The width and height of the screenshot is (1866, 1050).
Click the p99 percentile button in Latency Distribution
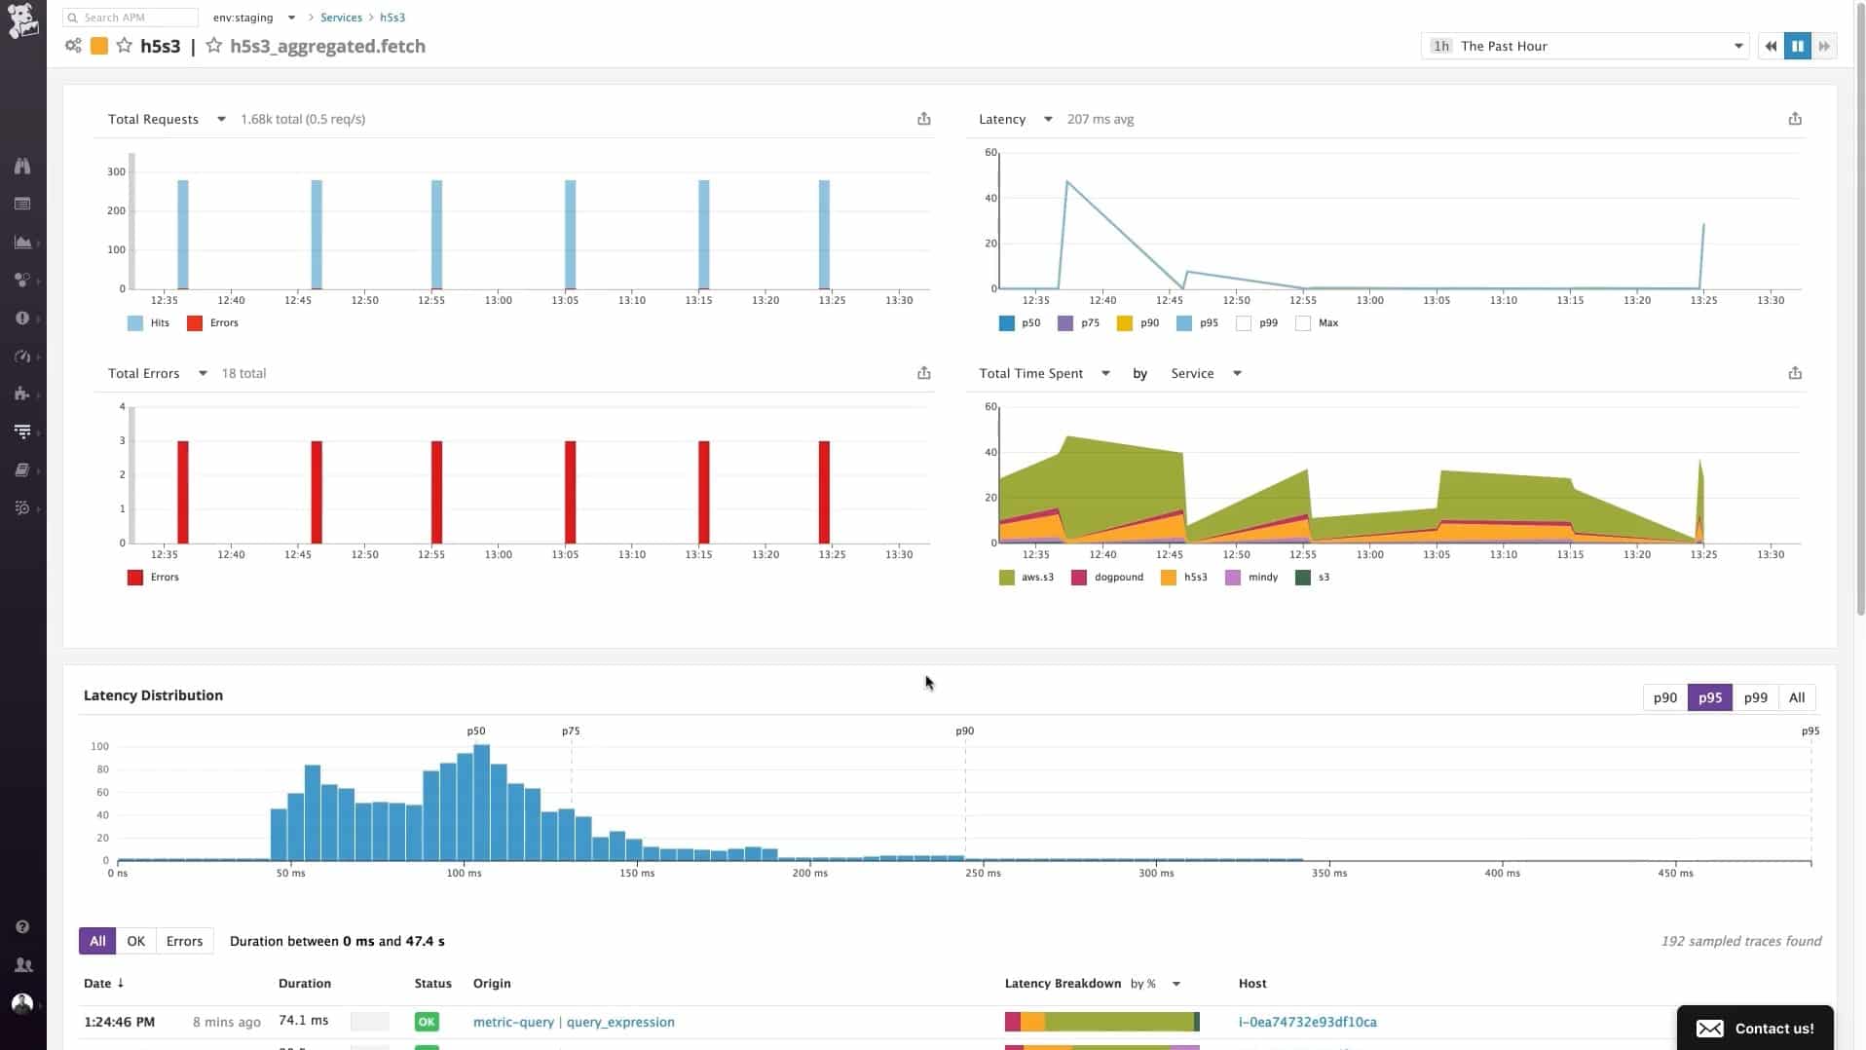point(1755,697)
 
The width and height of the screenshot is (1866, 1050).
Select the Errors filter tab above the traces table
point(184,941)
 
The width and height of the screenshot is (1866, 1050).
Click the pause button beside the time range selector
point(1797,46)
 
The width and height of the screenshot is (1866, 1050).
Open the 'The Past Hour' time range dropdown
point(1586,46)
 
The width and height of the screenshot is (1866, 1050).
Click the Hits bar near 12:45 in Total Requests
point(317,234)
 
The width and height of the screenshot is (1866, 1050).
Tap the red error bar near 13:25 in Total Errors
point(824,492)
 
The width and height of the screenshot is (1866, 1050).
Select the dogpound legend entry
point(1107,578)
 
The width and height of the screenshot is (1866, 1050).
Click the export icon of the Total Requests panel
point(923,119)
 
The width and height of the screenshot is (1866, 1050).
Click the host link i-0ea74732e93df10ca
point(1307,1022)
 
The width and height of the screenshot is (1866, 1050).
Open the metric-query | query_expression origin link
point(573,1022)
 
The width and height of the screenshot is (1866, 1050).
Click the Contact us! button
point(1755,1029)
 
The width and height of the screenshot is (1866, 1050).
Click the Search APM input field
point(131,18)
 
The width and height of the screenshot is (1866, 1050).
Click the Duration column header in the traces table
point(304,984)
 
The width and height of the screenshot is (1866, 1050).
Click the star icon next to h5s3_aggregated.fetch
point(214,46)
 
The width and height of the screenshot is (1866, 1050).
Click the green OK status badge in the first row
point(427,1022)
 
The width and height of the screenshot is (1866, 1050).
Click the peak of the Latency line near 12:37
point(1067,182)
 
